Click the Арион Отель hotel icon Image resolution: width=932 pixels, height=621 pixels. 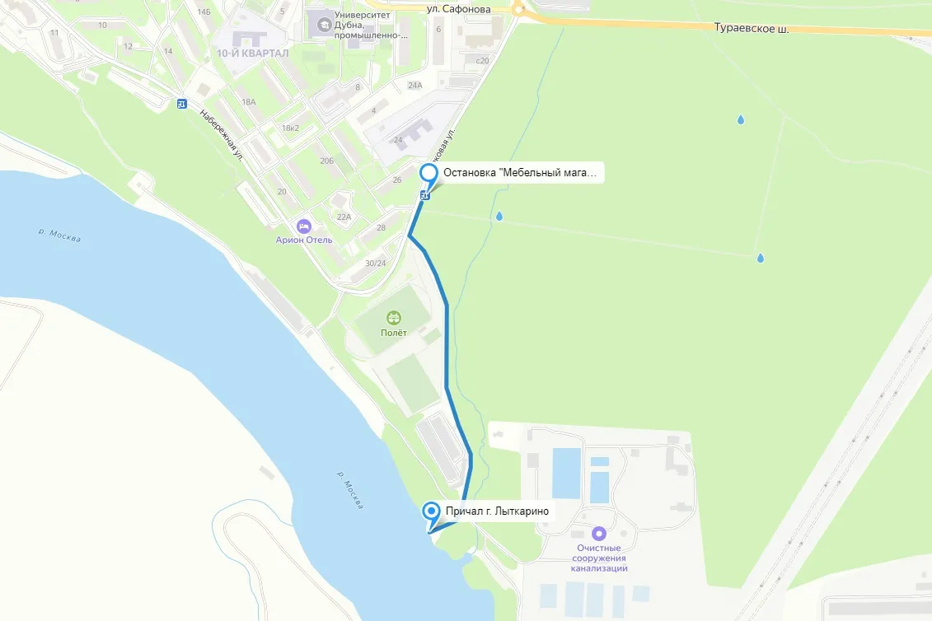(x=304, y=225)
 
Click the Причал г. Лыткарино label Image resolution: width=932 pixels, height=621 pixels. (x=496, y=511)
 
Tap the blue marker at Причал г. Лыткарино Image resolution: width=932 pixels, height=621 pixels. (x=431, y=511)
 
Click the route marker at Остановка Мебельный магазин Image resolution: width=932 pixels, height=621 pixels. (x=429, y=173)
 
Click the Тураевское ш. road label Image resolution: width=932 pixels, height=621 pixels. (x=753, y=29)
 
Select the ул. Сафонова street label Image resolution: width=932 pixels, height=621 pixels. (x=459, y=9)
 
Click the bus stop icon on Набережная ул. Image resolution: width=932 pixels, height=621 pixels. (x=181, y=104)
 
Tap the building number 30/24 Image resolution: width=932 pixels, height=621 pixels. (x=375, y=263)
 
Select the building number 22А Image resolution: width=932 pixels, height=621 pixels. (x=344, y=217)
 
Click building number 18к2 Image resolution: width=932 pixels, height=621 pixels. (x=290, y=128)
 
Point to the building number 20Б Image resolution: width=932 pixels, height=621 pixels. (x=327, y=161)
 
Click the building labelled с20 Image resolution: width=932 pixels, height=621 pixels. (x=483, y=60)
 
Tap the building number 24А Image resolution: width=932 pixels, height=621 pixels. (x=414, y=85)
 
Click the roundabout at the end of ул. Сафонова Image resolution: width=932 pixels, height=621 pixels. (x=518, y=9)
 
